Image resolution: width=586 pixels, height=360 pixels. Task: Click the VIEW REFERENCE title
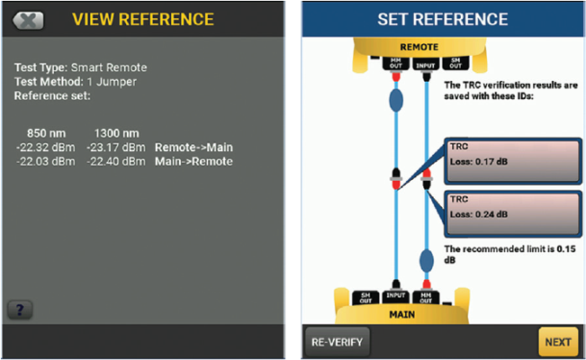[x=143, y=19]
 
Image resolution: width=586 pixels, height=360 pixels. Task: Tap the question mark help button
[x=20, y=310]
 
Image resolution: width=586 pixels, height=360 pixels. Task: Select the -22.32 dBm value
[x=44, y=147]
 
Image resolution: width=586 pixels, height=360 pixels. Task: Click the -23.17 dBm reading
[x=115, y=147]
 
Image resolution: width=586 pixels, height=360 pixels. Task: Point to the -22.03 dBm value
[x=44, y=161]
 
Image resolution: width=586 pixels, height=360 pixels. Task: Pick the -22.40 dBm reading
[x=115, y=161]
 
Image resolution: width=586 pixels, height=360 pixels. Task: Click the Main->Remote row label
[x=194, y=161]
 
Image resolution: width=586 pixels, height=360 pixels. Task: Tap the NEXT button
[x=557, y=342]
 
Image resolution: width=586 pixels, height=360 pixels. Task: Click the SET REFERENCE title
[x=443, y=19]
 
